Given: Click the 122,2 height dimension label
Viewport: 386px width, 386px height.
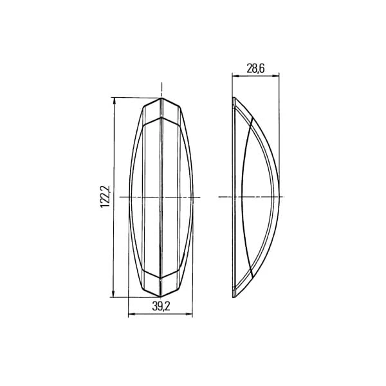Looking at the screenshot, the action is pos(105,197).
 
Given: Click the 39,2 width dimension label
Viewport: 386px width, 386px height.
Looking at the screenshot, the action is pos(161,306).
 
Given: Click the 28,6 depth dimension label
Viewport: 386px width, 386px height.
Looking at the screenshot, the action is pos(255,69).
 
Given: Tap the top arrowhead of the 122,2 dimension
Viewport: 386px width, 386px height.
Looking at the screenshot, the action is pos(114,100).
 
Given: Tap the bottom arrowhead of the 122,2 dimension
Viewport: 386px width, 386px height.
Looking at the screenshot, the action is pos(113,294).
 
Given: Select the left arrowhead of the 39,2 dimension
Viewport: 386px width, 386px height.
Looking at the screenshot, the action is pos(132,314).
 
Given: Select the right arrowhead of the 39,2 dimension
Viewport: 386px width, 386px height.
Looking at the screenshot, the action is pos(189,314).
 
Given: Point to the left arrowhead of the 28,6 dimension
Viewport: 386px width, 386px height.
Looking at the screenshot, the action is pos(235,76).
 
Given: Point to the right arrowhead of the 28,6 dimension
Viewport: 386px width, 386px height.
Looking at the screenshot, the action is pos(276,76).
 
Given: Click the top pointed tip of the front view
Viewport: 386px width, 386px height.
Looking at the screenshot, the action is pos(161,98).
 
